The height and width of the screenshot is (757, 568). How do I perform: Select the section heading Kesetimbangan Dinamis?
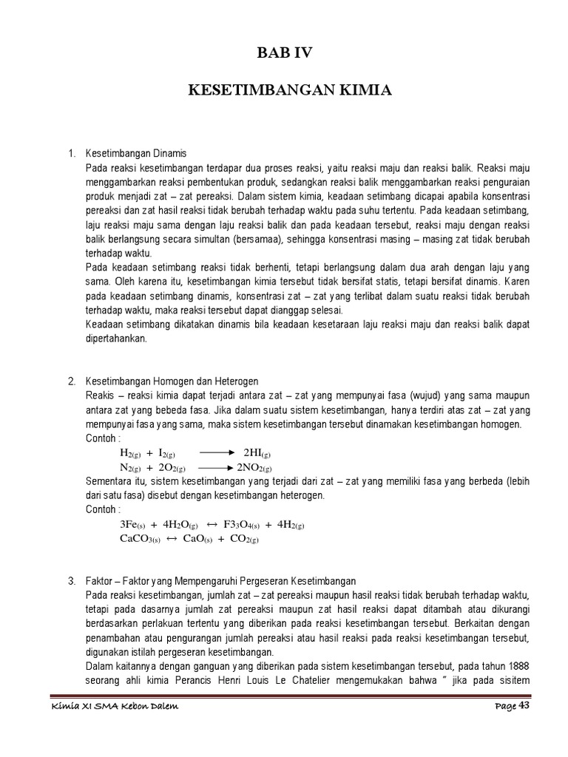click(136, 153)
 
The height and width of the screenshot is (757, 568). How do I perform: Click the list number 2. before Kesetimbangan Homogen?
click(72, 381)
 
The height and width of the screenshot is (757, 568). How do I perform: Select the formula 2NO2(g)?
click(254, 468)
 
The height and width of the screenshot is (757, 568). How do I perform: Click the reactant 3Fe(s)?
click(134, 525)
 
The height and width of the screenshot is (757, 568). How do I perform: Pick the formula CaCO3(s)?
click(138, 540)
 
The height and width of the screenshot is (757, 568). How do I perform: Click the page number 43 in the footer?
click(524, 706)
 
